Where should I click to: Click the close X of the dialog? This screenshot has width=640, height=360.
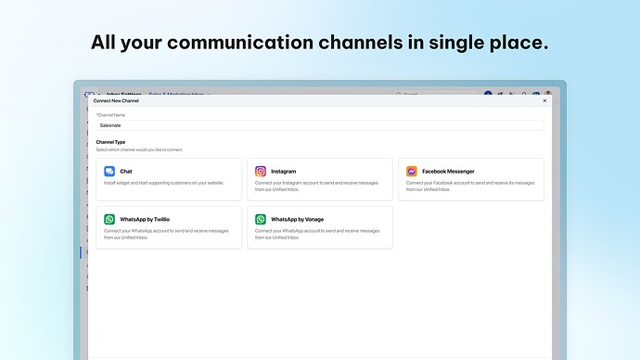point(544,100)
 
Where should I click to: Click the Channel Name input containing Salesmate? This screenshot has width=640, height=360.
point(320,124)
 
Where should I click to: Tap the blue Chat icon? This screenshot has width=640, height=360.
point(109,172)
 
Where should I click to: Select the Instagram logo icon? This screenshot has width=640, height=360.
point(261,172)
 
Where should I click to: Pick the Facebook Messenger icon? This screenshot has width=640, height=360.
point(412,172)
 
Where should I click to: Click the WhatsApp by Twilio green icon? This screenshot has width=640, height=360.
point(109,220)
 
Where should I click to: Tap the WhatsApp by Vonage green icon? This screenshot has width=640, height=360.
point(261,220)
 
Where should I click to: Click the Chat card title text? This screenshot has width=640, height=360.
point(126,172)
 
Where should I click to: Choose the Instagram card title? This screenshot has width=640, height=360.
point(284,172)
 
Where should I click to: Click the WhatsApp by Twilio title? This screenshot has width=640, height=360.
point(145,220)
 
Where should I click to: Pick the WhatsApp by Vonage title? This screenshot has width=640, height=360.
point(297,220)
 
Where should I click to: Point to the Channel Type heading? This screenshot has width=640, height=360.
point(110,142)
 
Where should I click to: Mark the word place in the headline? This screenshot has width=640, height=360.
point(513,43)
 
